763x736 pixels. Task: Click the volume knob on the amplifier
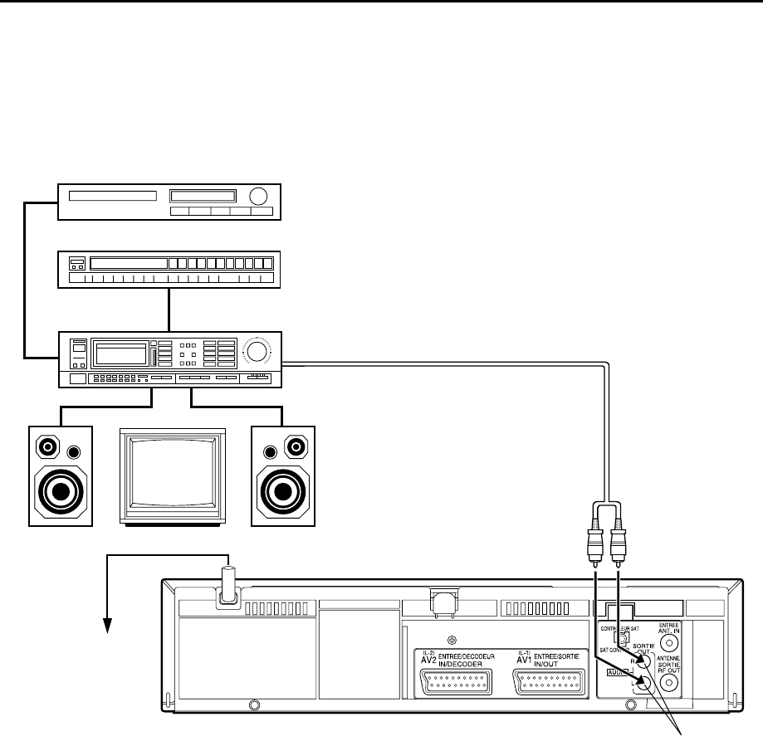tap(256, 353)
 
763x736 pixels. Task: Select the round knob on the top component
tap(258, 197)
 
